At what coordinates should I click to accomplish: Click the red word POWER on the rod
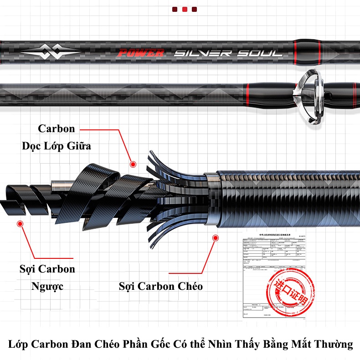tap(140, 53)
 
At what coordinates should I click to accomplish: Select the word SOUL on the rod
tap(261, 53)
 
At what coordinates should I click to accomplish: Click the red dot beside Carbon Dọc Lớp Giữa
tap(133, 164)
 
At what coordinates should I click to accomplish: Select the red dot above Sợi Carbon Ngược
tap(20, 224)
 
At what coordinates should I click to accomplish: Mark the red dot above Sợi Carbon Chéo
tap(215, 237)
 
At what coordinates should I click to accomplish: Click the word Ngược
tap(47, 287)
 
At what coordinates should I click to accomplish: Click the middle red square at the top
tap(185, 9)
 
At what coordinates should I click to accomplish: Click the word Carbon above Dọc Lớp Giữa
tap(57, 129)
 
